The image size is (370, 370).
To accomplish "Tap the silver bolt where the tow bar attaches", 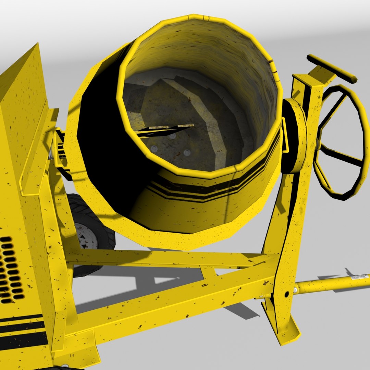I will point(295,290).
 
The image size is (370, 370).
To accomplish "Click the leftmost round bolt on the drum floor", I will point(154,148).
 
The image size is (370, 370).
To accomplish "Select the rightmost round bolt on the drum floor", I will point(187,152).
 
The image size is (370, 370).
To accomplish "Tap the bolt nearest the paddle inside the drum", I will point(172,136).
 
